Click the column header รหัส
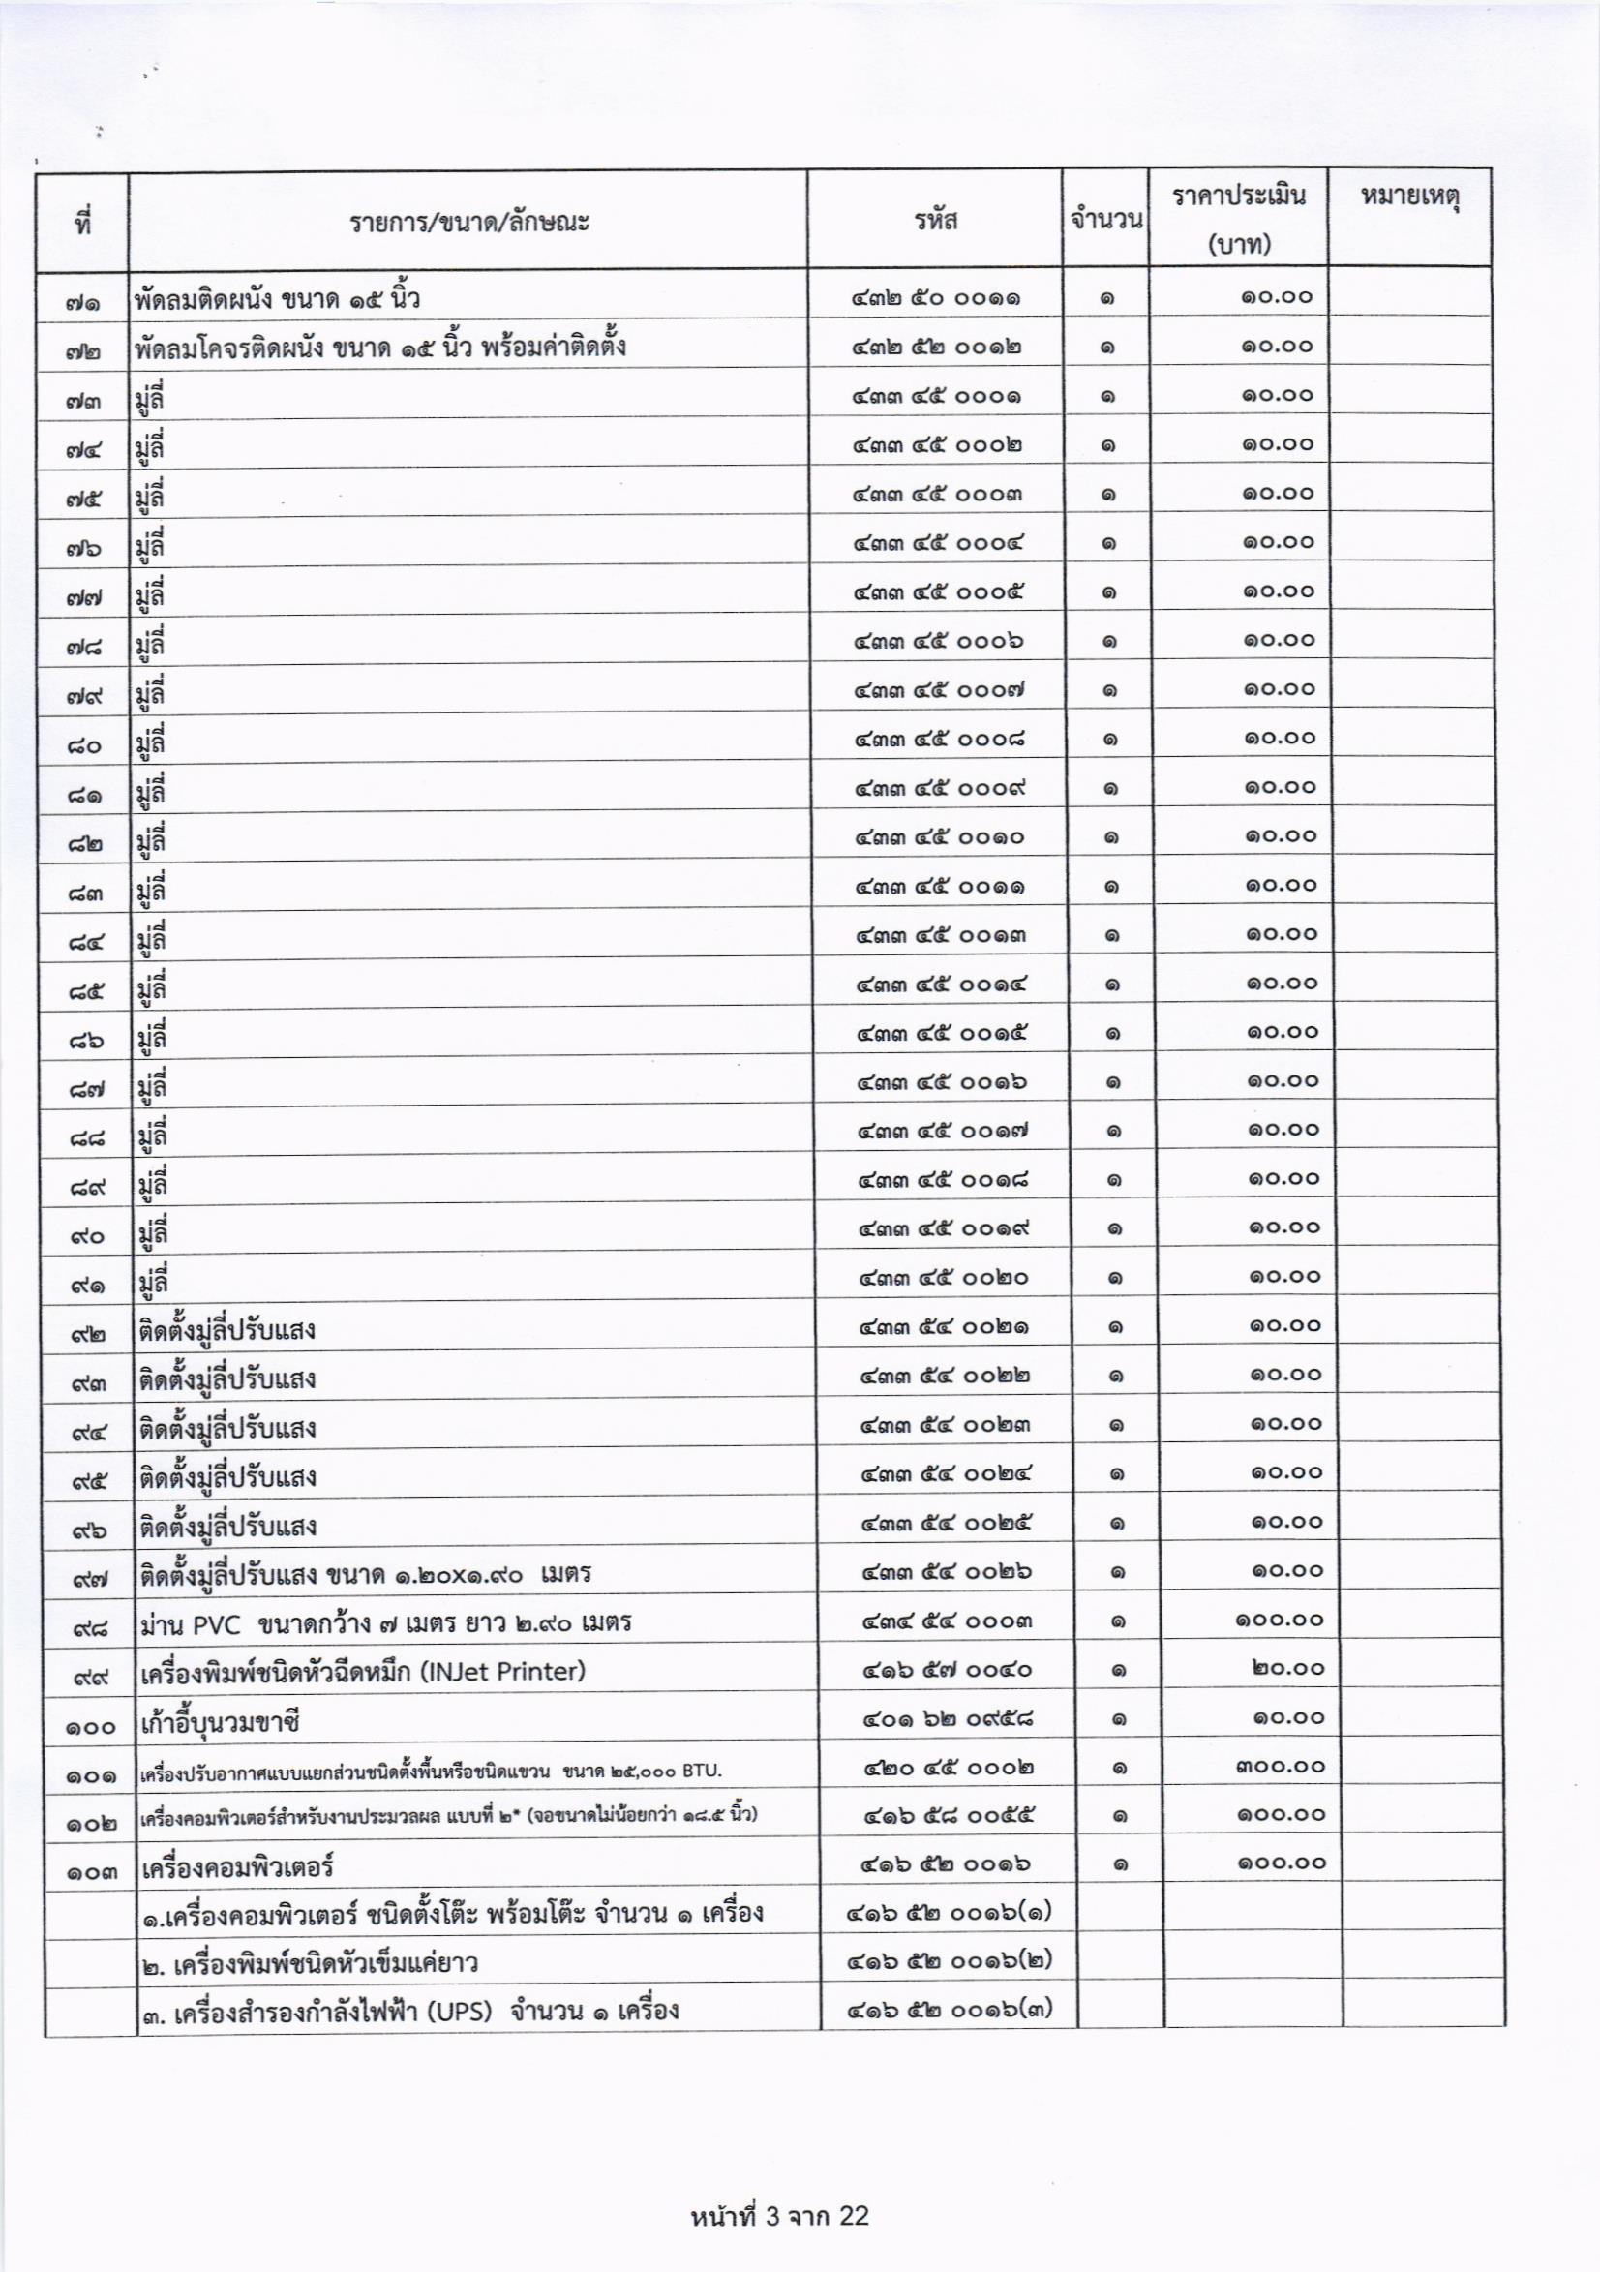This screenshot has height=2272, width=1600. (x=935, y=220)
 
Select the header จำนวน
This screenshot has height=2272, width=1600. (x=1105, y=219)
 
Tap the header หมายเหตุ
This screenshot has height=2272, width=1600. (x=1410, y=197)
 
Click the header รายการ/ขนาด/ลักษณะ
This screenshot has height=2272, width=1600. (x=469, y=221)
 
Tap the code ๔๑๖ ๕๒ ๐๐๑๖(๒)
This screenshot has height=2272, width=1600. (x=949, y=1959)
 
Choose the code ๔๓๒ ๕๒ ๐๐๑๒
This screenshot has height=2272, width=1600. (x=936, y=347)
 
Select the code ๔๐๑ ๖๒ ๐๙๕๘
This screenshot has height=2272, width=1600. (x=947, y=1719)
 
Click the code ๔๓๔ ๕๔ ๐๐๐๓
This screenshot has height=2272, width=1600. (x=946, y=1621)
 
